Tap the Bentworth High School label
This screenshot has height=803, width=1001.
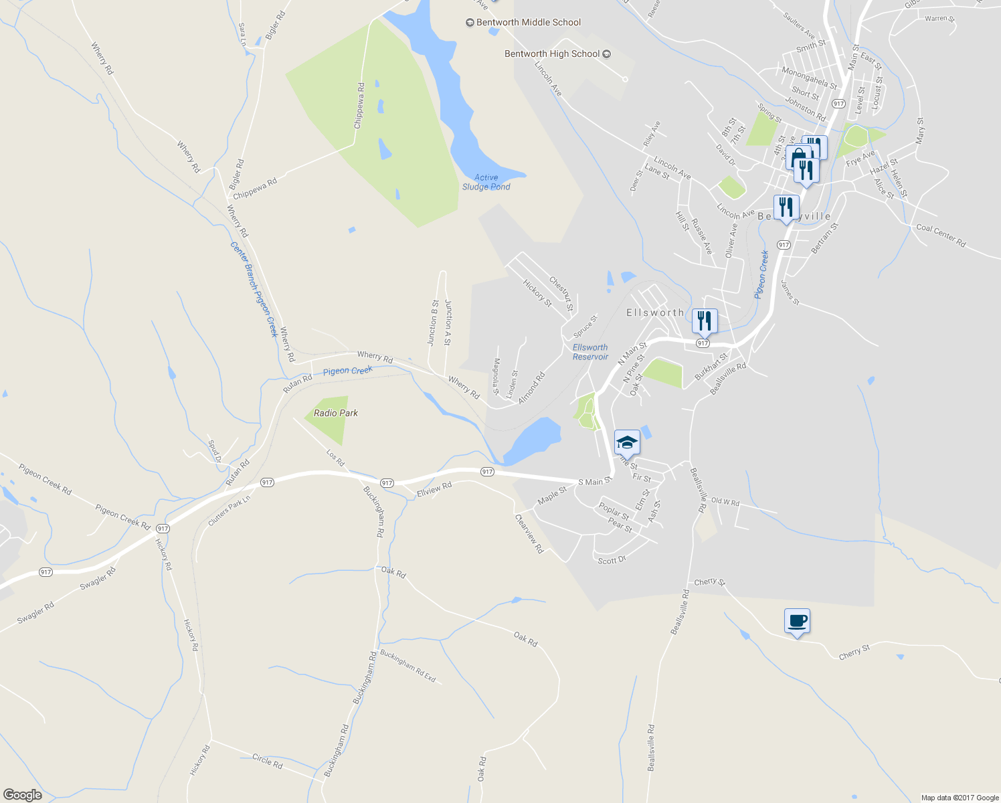click(552, 54)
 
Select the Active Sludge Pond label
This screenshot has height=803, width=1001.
click(486, 182)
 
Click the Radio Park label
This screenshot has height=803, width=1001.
click(336, 414)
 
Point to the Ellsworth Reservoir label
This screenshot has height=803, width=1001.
click(590, 352)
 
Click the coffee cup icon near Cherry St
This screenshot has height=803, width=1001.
click(797, 621)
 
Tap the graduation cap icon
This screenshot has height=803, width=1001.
click(627, 442)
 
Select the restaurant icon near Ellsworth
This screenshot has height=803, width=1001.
click(704, 321)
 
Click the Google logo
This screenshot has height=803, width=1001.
click(22, 795)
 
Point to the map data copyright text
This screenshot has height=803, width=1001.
click(960, 798)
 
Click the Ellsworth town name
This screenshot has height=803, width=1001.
click(655, 313)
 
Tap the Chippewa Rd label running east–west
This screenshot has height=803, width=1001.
click(255, 189)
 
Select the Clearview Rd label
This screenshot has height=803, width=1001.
click(529, 533)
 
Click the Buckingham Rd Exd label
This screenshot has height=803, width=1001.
click(407, 666)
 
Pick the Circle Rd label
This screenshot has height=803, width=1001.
click(268, 761)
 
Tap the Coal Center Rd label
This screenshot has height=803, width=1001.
click(941, 236)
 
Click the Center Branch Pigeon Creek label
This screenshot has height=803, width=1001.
click(254, 289)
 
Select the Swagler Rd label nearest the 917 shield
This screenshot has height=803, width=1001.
click(98, 578)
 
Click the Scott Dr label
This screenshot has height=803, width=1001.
click(612, 560)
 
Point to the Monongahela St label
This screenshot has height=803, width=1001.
click(809, 78)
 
